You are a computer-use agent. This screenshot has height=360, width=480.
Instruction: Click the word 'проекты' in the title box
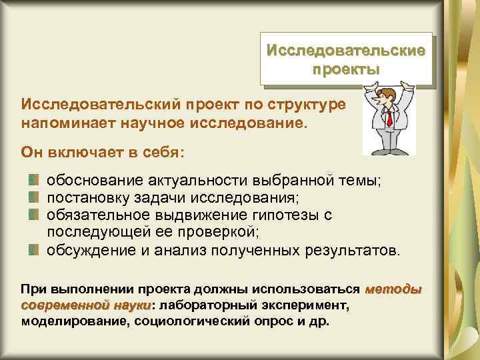coord(345,69)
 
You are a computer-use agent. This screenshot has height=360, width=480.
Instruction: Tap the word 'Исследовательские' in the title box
coord(345,51)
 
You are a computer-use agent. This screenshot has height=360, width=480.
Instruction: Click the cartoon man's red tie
coord(389,119)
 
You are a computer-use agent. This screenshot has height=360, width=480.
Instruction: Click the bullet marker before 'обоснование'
coord(33,181)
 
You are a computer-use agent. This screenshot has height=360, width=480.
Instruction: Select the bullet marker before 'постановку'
coord(33,198)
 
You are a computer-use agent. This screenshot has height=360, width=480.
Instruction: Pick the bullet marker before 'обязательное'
coord(33,215)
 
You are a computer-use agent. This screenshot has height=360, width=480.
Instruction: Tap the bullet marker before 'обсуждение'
coord(33,250)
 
